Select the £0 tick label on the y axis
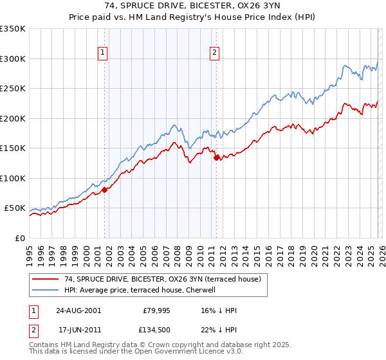coord(19,238)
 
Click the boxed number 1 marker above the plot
coord(103,53)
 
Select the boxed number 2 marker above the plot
coord(214,53)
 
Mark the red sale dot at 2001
coord(105,190)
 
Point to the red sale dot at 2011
coord(216,157)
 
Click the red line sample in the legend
coord(46,280)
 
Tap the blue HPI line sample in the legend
coord(46,290)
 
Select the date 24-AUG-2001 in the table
coord(78,310)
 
